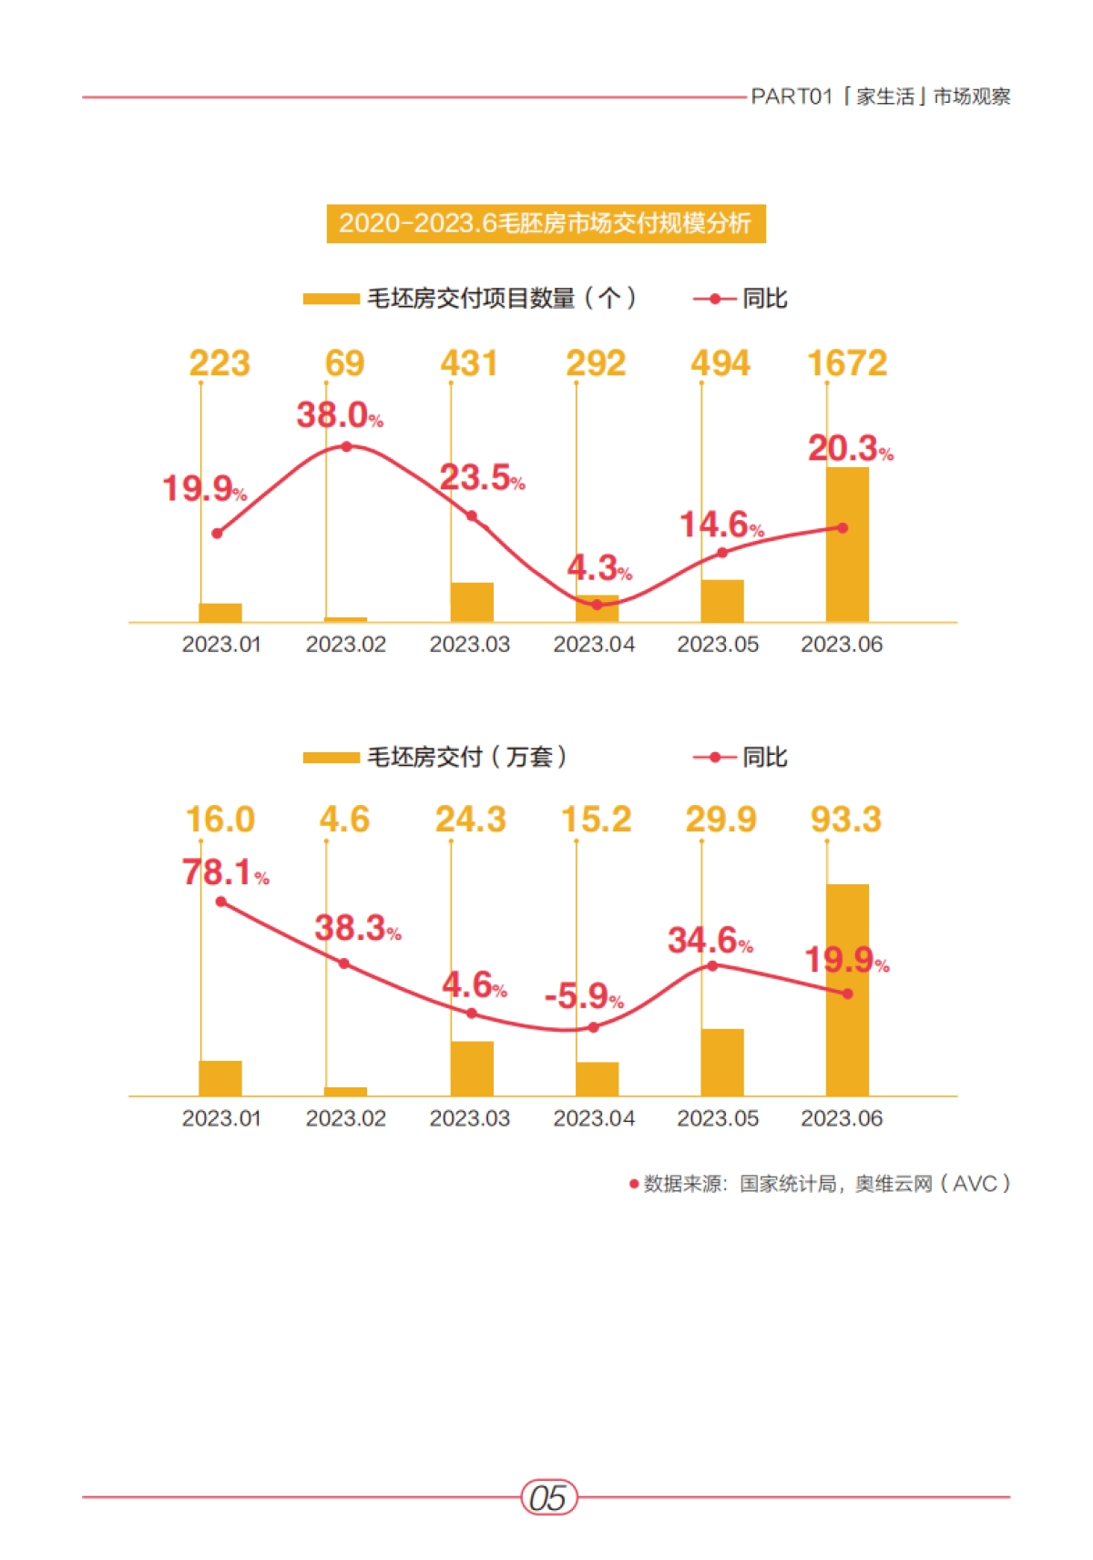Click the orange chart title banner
[x=546, y=223]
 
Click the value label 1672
[x=846, y=363]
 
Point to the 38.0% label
[x=339, y=415]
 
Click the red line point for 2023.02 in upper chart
[x=346, y=446]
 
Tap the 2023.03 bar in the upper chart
[x=472, y=602]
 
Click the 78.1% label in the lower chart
[x=224, y=872]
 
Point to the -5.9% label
[x=584, y=996]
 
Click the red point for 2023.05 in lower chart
[x=712, y=965]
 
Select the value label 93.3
[x=845, y=820]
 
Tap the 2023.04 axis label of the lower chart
[x=594, y=1118]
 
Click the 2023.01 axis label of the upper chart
[x=221, y=645]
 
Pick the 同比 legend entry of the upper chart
[x=741, y=299]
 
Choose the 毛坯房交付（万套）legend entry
[x=435, y=757]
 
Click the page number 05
[x=548, y=1497]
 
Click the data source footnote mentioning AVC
[x=820, y=1184]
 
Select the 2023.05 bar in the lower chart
[x=721, y=1062]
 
